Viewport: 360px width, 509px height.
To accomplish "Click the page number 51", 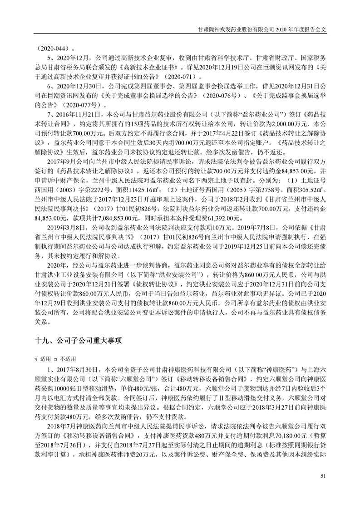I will coord(323,475).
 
